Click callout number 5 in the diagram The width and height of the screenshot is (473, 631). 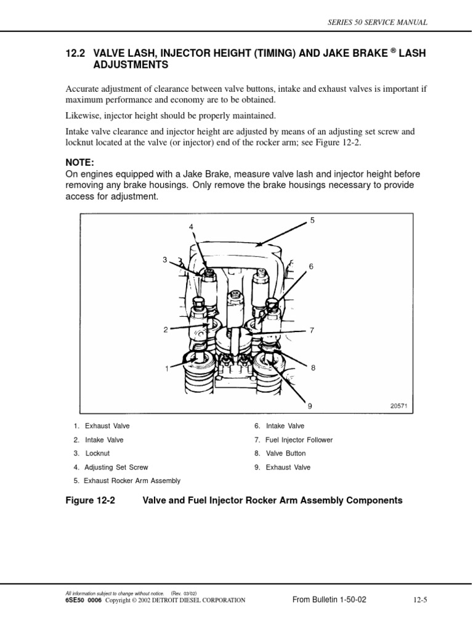[x=312, y=220]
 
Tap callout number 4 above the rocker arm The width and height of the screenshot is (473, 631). [x=192, y=227]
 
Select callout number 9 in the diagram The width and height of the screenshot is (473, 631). [x=310, y=406]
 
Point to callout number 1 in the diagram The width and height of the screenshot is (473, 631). [x=166, y=368]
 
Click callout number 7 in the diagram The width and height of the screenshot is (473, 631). [x=312, y=330]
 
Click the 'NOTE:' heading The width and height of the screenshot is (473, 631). [x=80, y=162]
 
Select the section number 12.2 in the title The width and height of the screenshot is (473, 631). [x=75, y=54]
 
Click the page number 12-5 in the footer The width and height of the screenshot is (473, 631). [x=417, y=600]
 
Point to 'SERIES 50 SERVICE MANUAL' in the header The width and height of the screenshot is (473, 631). [x=379, y=22]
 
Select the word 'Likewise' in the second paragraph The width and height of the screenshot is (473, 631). [x=82, y=116]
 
